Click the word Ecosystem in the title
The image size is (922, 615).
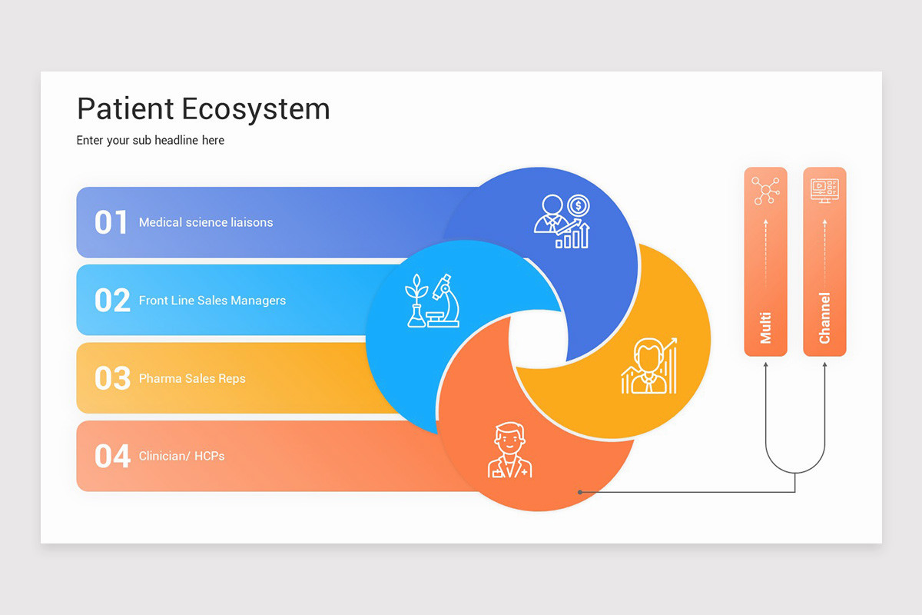tap(256, 109)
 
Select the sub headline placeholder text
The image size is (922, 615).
tap(151, 141)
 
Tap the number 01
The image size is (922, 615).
tap(111, 223)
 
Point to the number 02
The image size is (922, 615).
tap(112, 301)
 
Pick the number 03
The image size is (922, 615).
tap(112, 378)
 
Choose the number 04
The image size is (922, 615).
tap(112, 457)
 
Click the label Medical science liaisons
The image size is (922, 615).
tap(206, 223)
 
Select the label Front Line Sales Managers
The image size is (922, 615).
tap(212, 301)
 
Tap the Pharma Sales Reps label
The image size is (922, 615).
tap(192, 378)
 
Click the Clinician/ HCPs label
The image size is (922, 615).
tap(181, 457)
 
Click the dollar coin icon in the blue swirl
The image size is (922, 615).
tap(579, 205)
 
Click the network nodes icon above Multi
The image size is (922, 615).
tap(765, 191)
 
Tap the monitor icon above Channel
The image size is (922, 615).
tap(824, 190)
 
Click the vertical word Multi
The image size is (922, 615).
tap(766, 327)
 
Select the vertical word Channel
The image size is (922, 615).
tap(824, 317)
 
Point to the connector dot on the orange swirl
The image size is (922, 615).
tap(579, 492)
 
